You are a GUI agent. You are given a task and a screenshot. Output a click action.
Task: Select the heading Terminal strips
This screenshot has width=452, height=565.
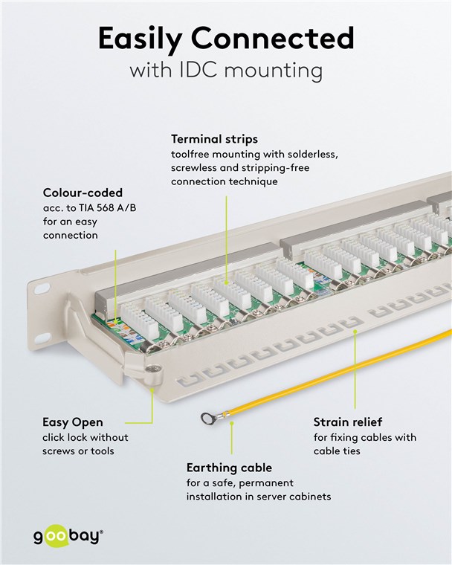coord(214,138)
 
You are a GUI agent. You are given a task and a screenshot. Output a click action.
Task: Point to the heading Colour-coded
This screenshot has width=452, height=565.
coord(82,193)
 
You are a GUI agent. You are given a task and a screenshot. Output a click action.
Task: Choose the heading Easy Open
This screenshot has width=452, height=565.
coord(73,422)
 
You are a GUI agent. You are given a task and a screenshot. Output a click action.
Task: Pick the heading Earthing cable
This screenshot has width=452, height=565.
coord(229,468)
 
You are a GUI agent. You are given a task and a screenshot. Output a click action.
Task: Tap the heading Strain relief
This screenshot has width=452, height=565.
coord(348,422)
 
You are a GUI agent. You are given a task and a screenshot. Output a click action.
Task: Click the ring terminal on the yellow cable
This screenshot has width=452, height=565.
coord(207,419)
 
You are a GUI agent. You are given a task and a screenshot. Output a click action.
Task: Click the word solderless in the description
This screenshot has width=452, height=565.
coord(310,154)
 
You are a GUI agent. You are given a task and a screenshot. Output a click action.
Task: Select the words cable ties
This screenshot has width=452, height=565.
coord(337,451)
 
